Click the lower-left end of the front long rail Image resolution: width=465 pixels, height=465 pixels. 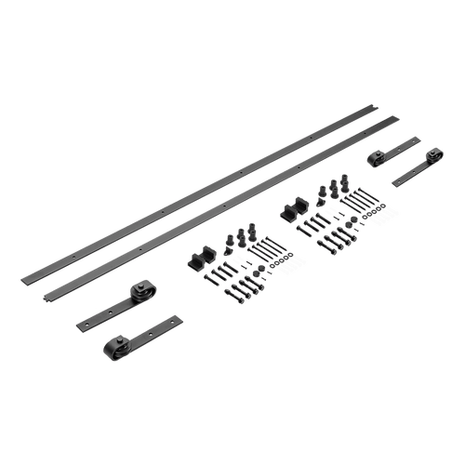[x=45, y=297]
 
